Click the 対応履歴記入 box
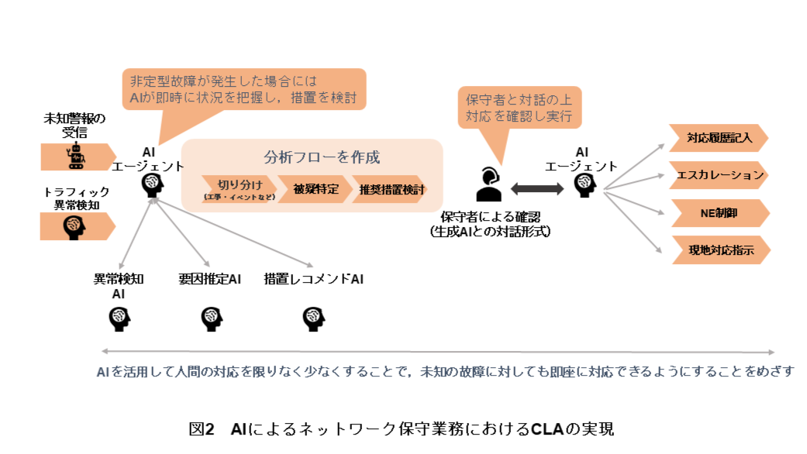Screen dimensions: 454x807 coord(718,139)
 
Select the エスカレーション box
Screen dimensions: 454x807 coord(718,175)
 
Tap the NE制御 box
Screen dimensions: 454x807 coord(718,212)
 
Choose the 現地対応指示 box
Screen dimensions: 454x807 coord(718,249)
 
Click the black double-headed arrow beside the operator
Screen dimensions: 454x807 coord(537,188)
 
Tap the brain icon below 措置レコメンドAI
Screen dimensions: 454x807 coord(312,317)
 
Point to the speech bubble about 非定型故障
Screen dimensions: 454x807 coord(244,90)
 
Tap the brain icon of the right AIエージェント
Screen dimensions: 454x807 coord(585,184)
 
